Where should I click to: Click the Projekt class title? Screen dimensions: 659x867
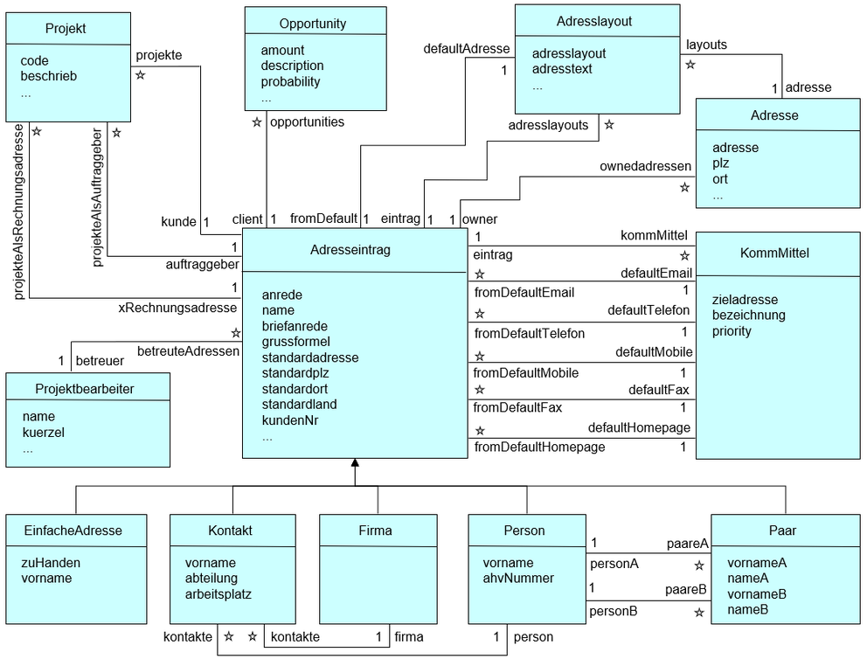coord(66,29)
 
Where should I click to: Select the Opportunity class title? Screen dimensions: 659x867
coord(313,24)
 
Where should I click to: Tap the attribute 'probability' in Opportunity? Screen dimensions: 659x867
coord(290,81)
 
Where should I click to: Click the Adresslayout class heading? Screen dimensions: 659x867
coord(594,20)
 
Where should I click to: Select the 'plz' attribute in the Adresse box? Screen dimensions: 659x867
coord(722,163)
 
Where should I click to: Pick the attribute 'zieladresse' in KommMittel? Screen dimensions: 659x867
coord(747,299)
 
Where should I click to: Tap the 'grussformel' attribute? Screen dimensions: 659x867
coord(296,342)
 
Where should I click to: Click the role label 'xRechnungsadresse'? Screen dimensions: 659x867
coord(178,308)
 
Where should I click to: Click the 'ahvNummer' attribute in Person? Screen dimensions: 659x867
coord(518,578)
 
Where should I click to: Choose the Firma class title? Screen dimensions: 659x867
coord(376,531)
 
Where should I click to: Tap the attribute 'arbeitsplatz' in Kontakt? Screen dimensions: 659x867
coord(218,593)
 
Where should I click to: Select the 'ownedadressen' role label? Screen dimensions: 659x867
coord(645,166)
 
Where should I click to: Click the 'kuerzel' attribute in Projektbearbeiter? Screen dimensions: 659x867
coord(44,433)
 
